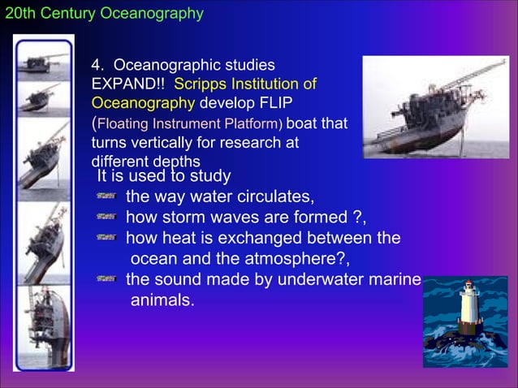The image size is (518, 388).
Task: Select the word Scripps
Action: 200,84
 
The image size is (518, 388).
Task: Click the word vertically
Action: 162,143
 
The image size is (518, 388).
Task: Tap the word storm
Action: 184,218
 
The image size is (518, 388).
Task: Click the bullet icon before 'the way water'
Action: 106,197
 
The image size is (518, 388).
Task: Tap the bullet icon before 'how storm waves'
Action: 106,218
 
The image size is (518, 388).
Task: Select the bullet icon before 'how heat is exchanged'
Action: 106,239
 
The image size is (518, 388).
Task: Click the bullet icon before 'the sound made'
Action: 106,280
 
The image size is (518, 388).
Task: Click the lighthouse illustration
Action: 465,321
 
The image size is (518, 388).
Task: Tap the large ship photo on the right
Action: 435,107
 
